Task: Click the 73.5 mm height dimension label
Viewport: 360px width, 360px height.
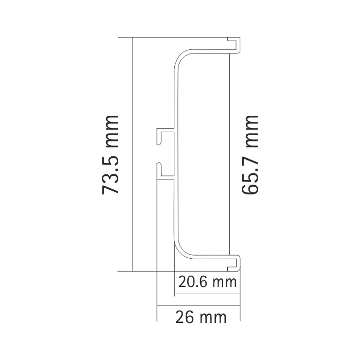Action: (x=110, y=155)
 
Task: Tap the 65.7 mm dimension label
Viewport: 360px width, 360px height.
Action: (x=250, y=155)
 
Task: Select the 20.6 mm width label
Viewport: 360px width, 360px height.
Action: (x=207, y=282)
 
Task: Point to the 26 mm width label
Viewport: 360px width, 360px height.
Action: (x=201, y=317)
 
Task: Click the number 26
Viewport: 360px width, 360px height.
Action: (x=185, y=317)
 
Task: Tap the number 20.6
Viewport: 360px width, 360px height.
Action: (x=192, y=282)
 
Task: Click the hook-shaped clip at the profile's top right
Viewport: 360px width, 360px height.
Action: (x=234, y=45)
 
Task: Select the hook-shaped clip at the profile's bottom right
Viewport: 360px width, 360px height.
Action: (x=234, y=263)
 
